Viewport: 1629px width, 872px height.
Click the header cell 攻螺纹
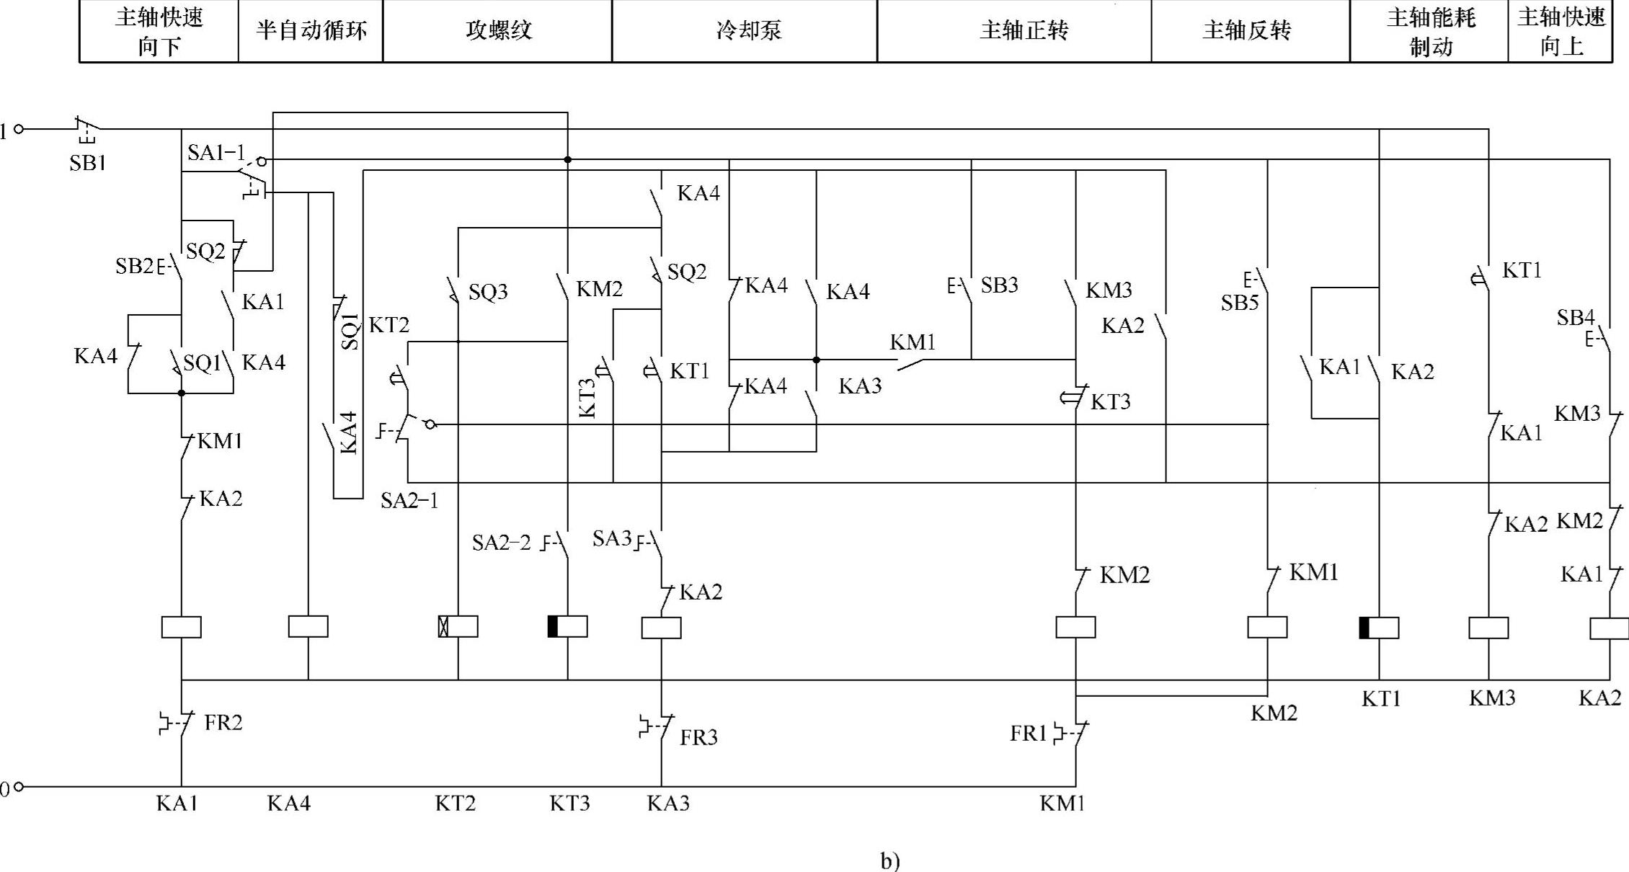coord(497,31)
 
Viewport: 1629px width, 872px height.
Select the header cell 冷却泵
coord(745,31)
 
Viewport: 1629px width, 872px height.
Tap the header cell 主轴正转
coord(1014,31)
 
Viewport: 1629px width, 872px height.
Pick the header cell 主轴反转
coord(1251,31)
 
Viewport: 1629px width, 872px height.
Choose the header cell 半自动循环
coord(311,31)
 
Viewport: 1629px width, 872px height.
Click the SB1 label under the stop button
coord(88,164)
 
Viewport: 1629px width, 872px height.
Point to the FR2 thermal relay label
coord(223,723)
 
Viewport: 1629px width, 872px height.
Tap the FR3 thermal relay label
coord(698,737)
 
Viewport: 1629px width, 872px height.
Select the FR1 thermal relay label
coord(1029,734)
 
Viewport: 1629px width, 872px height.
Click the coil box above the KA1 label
coord(182,627)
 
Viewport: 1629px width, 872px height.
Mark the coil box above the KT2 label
coord(458,626)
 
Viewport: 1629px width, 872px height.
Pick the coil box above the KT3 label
coord(568,626)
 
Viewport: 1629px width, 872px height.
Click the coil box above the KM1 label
coord(1076,627)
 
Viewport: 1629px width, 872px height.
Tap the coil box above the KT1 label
coord(1380,628)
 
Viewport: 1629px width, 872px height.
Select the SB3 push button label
coord(1000,285)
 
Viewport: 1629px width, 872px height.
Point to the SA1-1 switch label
coord(216,153)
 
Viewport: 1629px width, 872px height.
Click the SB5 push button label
coord(1240,303)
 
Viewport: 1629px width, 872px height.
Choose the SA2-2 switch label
coord(502,543)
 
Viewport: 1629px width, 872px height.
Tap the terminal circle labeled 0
coord(19,787)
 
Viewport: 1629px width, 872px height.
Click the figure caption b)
coord(890,861)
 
